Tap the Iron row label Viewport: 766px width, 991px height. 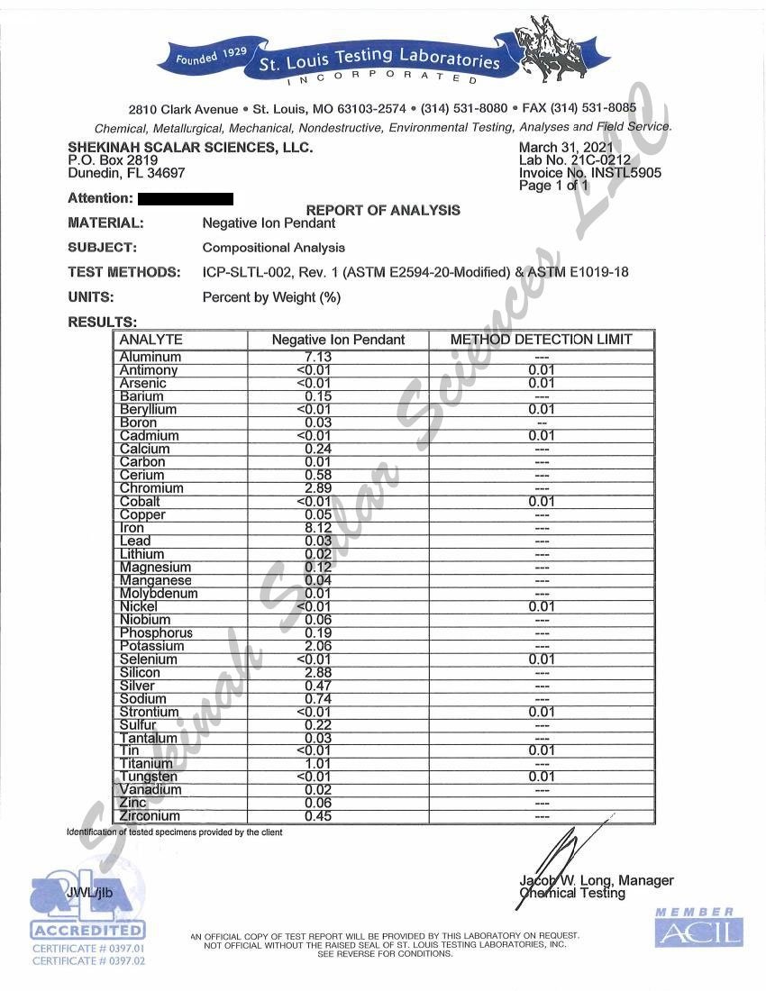pos(132,528)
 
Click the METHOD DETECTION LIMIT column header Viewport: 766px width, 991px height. pos(541,340)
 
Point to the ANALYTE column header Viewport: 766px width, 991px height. pos(150,340)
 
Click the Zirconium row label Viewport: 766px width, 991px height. pos(150,816)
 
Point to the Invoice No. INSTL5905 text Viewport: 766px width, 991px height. pos(589,173)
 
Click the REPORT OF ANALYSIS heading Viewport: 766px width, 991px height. pos(383,210)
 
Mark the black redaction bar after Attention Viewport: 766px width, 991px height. pos(186,198)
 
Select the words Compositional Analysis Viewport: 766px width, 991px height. pos(273,248)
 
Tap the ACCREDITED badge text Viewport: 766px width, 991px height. pos(87,930)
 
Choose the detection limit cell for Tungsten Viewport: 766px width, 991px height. pos(541,777)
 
